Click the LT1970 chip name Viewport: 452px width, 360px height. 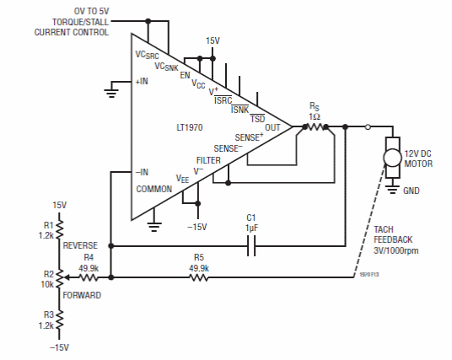(x=190, y=127)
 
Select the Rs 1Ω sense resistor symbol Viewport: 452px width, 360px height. (x=315, y=126)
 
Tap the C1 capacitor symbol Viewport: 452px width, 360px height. (x=251, y=246)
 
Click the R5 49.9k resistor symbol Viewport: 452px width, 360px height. (x=199, y=278)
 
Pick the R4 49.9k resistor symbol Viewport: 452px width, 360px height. (x=89, y=278)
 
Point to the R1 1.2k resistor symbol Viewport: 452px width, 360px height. (x=59, y=229)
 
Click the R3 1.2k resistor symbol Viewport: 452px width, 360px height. (x=59, y=320)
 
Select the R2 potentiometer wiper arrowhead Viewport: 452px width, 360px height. (x=66, y=277)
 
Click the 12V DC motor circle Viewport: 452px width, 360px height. (x=392, y=158)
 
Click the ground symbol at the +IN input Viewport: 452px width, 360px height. (x=111, y=94)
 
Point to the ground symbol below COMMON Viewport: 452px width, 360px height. (x=154, y=227)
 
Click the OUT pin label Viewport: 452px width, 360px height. (x=272, y=127)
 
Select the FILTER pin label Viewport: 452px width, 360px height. (x=208, y=160)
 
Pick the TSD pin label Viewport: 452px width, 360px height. (x=257, y=119)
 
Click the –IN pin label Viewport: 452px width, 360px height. (x=142, y=172)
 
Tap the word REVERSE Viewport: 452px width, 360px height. (x=80, y=245)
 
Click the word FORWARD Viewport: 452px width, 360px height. (x=82, y=295)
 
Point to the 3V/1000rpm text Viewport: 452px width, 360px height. (x=396, y=250)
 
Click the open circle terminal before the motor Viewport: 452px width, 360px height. (x=368, y=126)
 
